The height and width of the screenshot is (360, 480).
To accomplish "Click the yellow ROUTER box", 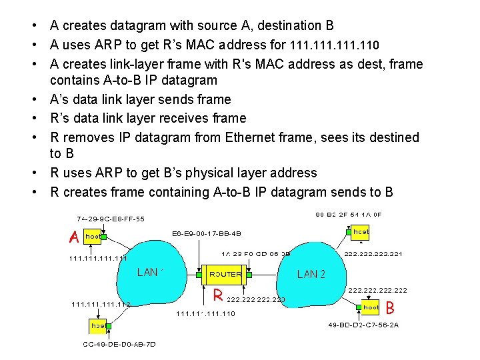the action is point(225,273).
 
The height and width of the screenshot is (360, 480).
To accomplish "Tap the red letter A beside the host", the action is point(75,236).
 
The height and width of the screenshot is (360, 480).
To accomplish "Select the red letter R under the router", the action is point(217,294).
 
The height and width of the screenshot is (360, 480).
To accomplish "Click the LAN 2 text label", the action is point(311,274).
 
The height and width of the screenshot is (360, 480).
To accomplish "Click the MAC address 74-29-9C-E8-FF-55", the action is point(110,218).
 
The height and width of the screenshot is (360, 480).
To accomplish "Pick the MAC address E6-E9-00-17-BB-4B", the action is point(207,234).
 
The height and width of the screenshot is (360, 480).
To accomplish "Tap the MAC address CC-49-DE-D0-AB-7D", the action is point(119,344).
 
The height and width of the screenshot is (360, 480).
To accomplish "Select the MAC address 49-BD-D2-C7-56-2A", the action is point(363,325).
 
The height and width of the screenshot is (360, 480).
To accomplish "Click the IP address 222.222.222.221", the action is point(373,254).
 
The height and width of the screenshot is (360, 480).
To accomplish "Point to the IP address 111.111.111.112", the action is point(101,304).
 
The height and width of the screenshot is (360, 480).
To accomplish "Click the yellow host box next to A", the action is point(93,236).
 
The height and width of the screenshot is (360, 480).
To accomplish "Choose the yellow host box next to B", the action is point(370,307).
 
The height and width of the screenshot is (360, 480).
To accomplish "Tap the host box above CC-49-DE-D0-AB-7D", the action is point(98,326).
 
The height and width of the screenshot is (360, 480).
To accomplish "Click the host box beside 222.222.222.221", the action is point(360,231).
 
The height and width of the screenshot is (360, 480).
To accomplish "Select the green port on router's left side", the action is point(199,273).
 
